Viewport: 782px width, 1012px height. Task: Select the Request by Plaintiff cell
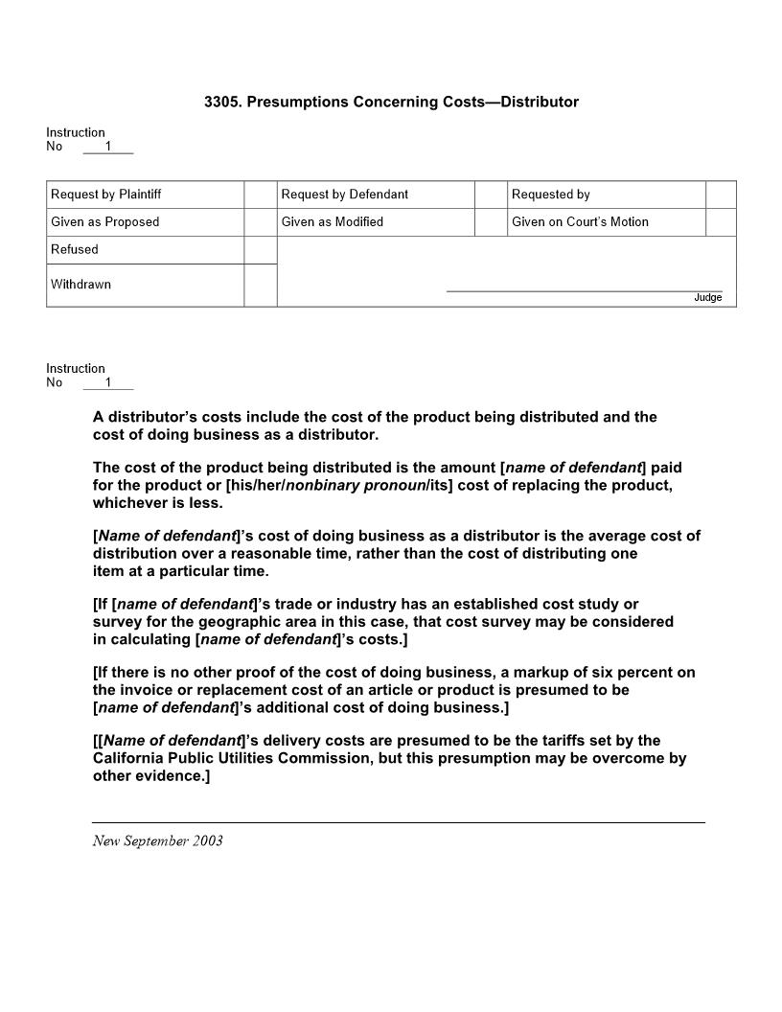[106, 195]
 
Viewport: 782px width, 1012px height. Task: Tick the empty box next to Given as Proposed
[260, 222]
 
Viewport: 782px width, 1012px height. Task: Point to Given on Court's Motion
[580, 222]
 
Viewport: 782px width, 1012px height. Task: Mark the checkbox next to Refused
[260, 250]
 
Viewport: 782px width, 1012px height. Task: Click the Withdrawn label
[80, 285]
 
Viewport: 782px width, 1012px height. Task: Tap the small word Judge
[708, 298]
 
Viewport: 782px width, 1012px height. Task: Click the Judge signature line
[584, 290]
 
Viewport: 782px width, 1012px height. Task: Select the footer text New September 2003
[158, 841]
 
